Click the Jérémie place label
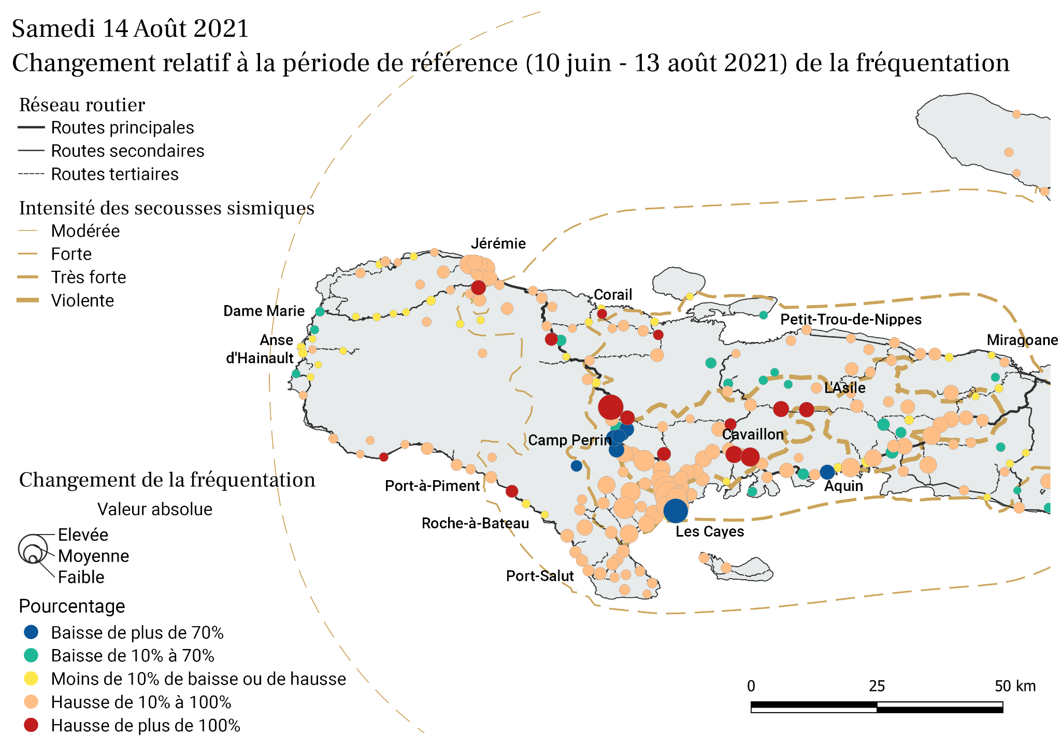click(498, 243)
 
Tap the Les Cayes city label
click(709, 531)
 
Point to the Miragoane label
click(1022, 340)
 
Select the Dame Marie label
click(264, 311)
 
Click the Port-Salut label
click(540, 576)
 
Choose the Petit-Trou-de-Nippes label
click(851, 320)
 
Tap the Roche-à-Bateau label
click(475, 523)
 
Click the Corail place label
click(613, 295)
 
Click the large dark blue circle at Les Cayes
click(676, 511)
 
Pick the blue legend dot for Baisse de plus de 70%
click(32, 632)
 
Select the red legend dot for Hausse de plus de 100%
click(32, 725)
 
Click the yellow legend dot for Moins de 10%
click(32, 679)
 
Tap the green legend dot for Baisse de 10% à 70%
click(32, 655)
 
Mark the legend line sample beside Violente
click(28, 300)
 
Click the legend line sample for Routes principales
click(31, 127)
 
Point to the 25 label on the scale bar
click(877, 686)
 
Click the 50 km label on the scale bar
click(1014, 686)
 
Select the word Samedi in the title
click(54, 29)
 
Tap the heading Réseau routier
click(82, 105)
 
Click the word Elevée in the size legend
click(83, 535)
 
